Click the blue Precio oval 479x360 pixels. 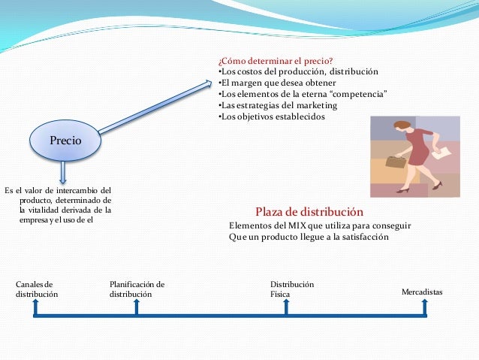65,141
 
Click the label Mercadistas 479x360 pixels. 423,290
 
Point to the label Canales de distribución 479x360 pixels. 36,289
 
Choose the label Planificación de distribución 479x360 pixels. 137,289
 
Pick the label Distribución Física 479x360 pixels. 291,289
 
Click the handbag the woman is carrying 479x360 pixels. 396,161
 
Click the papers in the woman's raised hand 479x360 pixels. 443,152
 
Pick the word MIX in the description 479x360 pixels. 291,225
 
